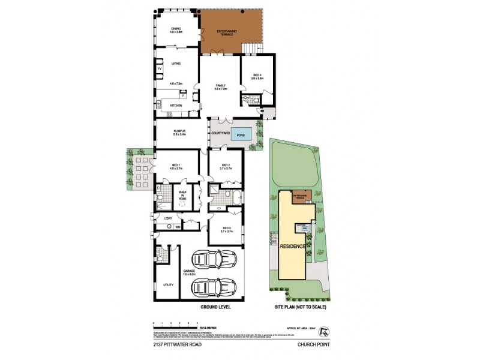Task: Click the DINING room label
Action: tap(176, 29)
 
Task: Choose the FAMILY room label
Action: tap(221, 86)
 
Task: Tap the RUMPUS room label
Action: tap(179, 131)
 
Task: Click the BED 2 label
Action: tap(226, 165)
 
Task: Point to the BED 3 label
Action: tap(226, 228)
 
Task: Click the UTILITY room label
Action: tap(168, 284)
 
